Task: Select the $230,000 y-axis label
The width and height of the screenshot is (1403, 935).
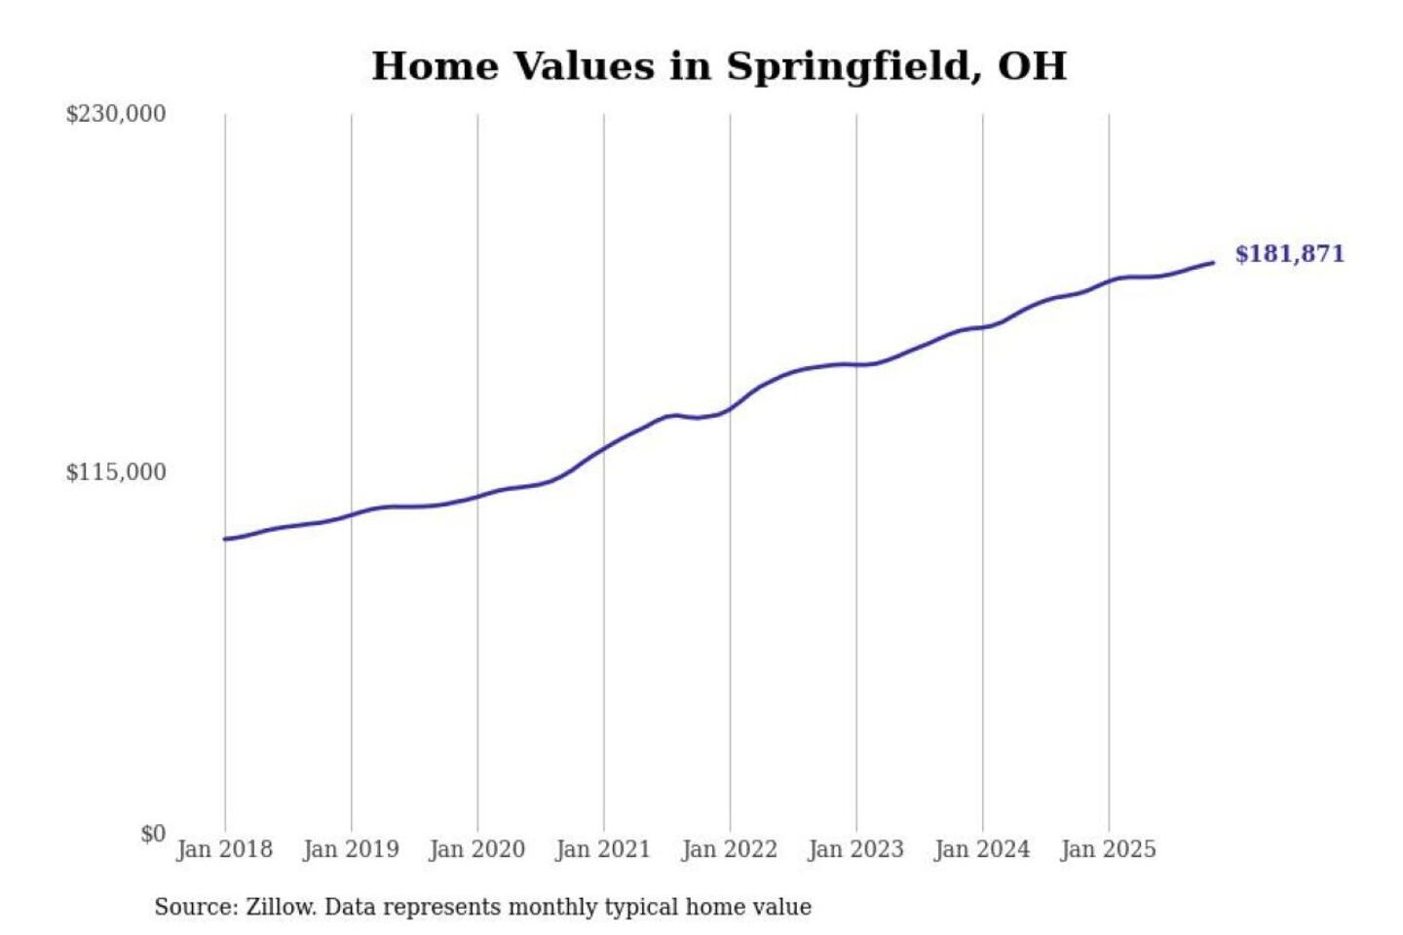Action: click(x=116, y=113)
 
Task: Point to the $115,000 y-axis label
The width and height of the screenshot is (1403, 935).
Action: click(x=116, y=472)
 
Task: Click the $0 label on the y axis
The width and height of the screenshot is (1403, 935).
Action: click(x=153, y=834)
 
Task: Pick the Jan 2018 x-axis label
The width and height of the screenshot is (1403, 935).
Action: click(x=224, y=849)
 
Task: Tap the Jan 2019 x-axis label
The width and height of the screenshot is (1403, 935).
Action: click(x=351, y=849)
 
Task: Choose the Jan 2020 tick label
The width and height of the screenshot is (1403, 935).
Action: click(x=476, y=849)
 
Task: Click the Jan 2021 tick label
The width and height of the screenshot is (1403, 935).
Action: click(x=602, y=849)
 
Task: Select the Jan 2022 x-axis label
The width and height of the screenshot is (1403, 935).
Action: click(x=729, y=849)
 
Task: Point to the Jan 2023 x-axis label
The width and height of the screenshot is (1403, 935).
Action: click(x=855, y=849)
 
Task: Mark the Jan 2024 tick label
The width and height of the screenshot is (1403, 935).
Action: click(x=981, y=849)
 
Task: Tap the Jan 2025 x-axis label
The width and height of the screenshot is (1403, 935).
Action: click(x=1108, y=849)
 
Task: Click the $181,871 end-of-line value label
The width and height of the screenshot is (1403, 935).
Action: click(x=1289, y=254)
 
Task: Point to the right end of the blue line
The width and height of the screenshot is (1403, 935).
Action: click(x=1213, y=262)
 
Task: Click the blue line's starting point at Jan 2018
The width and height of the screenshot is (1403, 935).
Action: click(x=225, y=539)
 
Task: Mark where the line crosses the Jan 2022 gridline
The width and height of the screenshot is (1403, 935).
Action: click(x=730, y=408)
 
